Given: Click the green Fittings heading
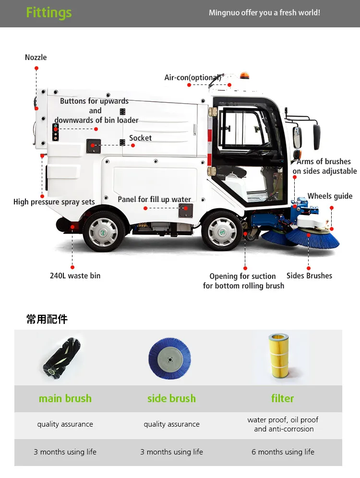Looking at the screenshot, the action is coord(48,12).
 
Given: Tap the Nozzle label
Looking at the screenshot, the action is coord(36,58).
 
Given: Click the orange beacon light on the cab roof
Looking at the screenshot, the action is coord(245,76).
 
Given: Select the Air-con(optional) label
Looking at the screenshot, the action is coord(192,77).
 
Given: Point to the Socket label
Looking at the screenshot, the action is coord(140,138).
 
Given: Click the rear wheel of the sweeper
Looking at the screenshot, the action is coord(103,232).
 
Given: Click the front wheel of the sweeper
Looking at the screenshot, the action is coord(221,232).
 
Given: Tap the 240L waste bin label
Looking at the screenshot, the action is coord(75,276).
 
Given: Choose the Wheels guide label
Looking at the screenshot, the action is coord(330,196).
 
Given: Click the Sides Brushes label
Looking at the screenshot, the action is coord(309,276).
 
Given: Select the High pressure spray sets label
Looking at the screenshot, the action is coord(54,202).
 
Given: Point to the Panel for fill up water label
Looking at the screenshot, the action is coord(154,200).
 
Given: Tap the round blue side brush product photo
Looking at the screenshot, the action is coord(171,358).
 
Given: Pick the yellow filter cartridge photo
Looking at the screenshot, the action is coord(282,357).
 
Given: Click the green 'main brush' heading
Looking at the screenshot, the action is coord(65,398).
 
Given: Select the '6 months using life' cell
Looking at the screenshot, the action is coord(283,452).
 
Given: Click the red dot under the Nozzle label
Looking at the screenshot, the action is coord(36,69).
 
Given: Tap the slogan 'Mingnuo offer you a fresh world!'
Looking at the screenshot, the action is coord(264,13).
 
